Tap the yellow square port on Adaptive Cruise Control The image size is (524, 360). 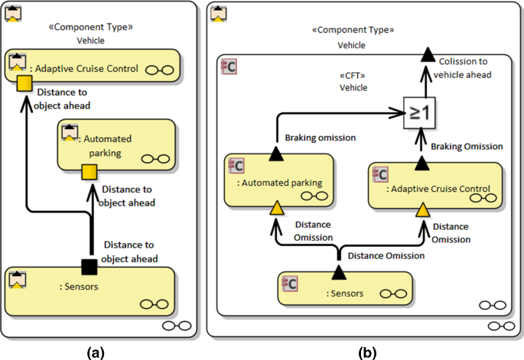[x=24, y=82]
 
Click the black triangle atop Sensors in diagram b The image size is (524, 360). [x=338, y=272]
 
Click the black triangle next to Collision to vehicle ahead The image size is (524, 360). [x=429, y=53]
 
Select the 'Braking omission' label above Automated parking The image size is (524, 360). [x=321, y=138]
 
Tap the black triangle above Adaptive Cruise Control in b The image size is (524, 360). [x=421, y=162]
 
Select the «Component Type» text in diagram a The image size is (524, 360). [x=92, y=26]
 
